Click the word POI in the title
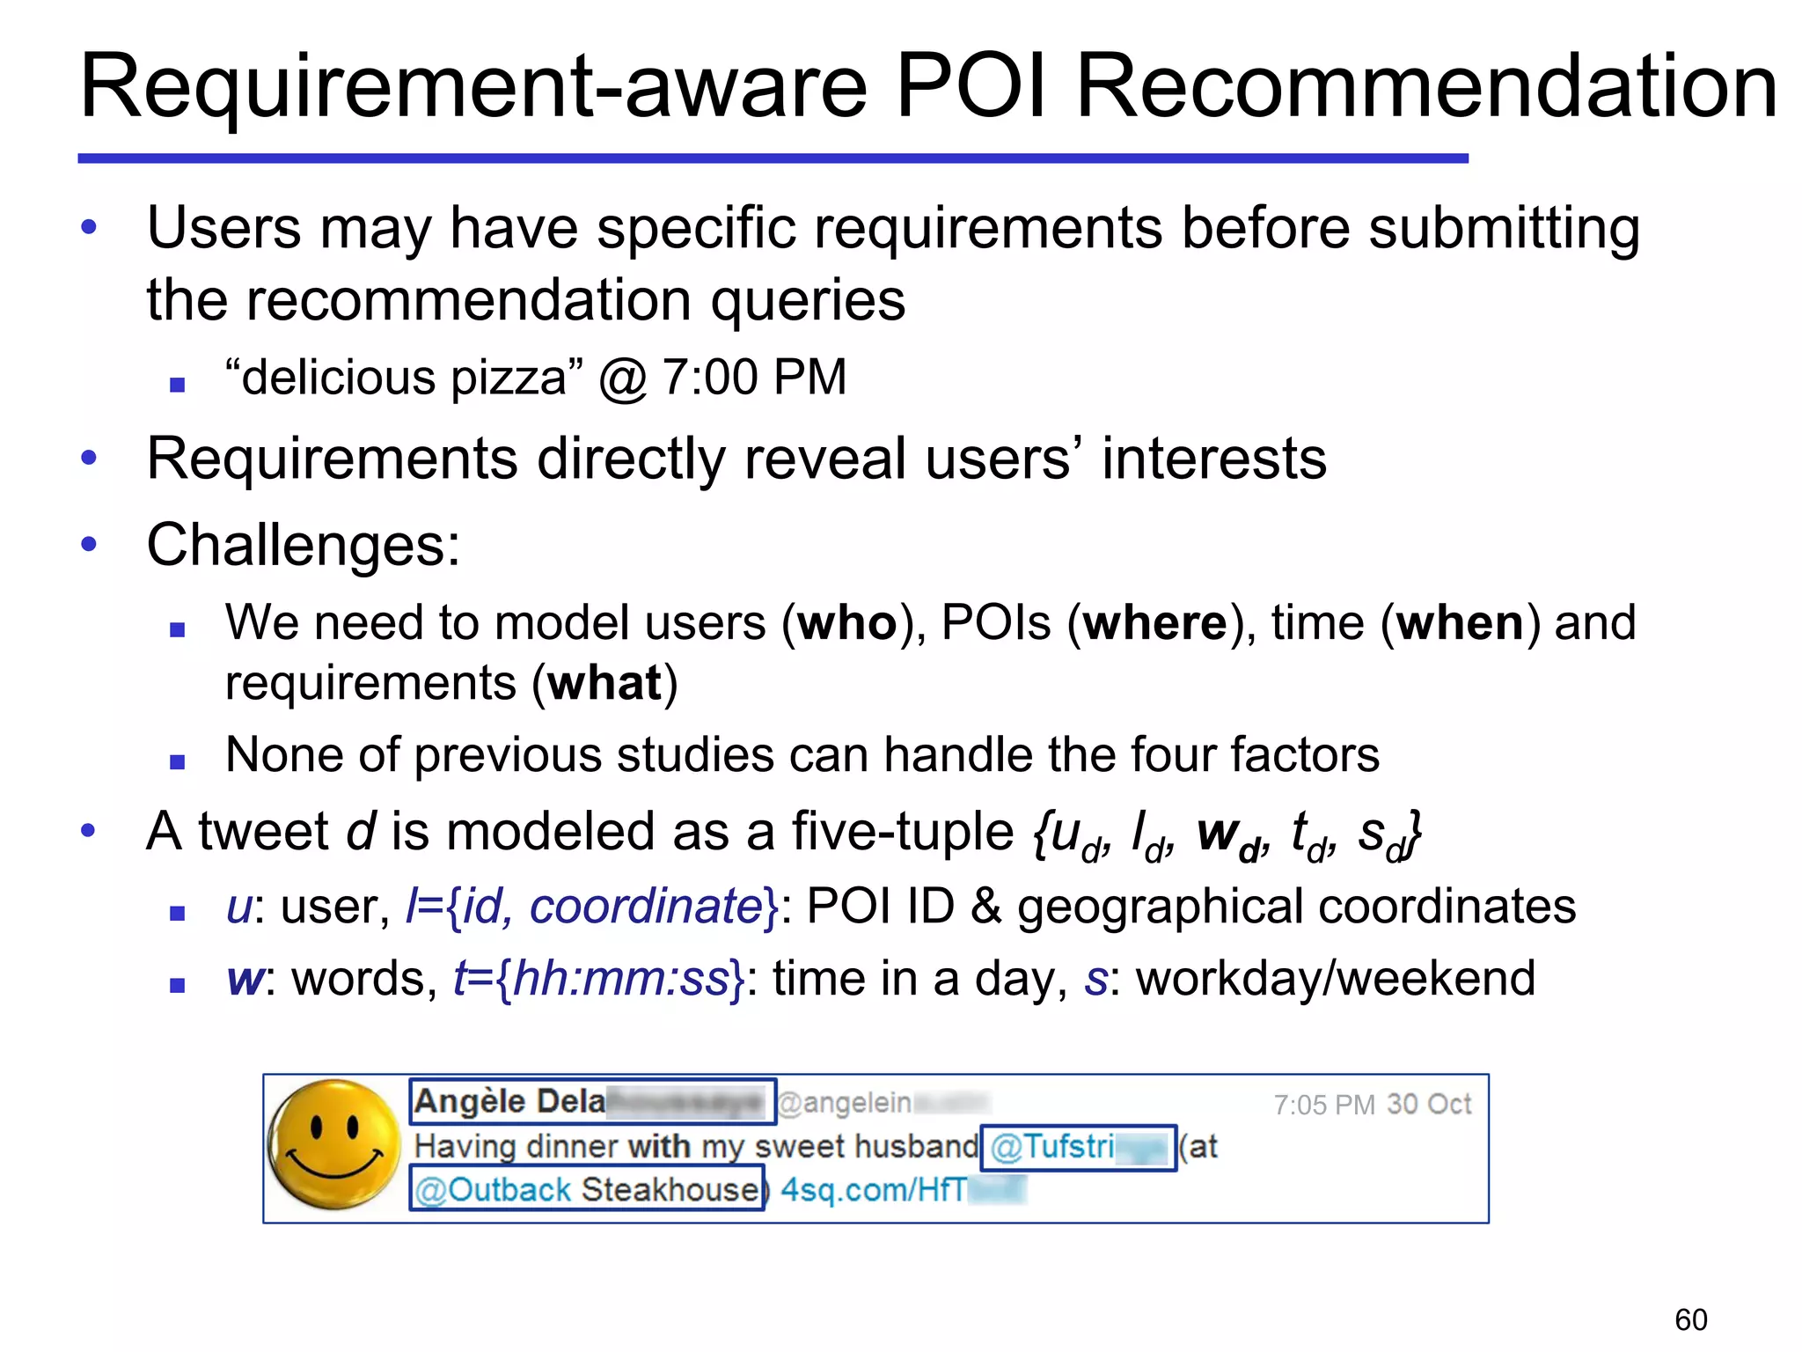tap(971, 86)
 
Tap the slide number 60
tap(1690, 1319)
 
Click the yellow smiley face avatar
tap(333, 1145)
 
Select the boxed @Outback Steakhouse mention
tap(586, 1189)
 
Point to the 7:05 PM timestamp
tap(1323, 1105)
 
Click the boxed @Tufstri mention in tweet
tap(1077, 1147)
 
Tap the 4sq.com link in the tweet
tap(880, 1190)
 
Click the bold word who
tap(846, 623)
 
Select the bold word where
tap(1154, 623)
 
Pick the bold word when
tap(1461, 623)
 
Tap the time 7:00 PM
tap(754, 378)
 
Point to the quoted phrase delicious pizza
tap(404, 378)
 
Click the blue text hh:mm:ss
tap(620, 979)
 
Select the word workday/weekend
tap(1335, 979)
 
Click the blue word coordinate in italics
tap(645, 906)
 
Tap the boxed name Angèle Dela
tap(509, 1102)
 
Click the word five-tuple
tap(902, 832)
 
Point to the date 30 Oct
tap(1429, 1105)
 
